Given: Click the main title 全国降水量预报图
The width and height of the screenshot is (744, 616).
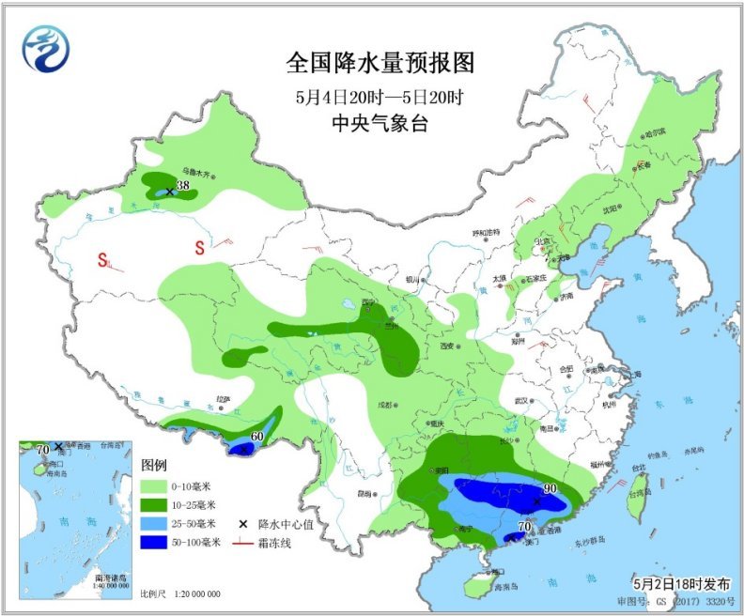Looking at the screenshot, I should (x=380, y=63).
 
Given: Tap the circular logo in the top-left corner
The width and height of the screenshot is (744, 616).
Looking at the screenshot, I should (x=45, y=47).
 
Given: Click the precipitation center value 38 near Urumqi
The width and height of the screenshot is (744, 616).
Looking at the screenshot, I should (x=183, y=185).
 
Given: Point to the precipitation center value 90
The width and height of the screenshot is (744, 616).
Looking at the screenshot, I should (x=549, y=489).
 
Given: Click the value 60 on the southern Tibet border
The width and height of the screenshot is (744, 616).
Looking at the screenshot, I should (x=256, y=437).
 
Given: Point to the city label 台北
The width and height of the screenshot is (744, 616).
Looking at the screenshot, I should (x=638, y=467).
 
